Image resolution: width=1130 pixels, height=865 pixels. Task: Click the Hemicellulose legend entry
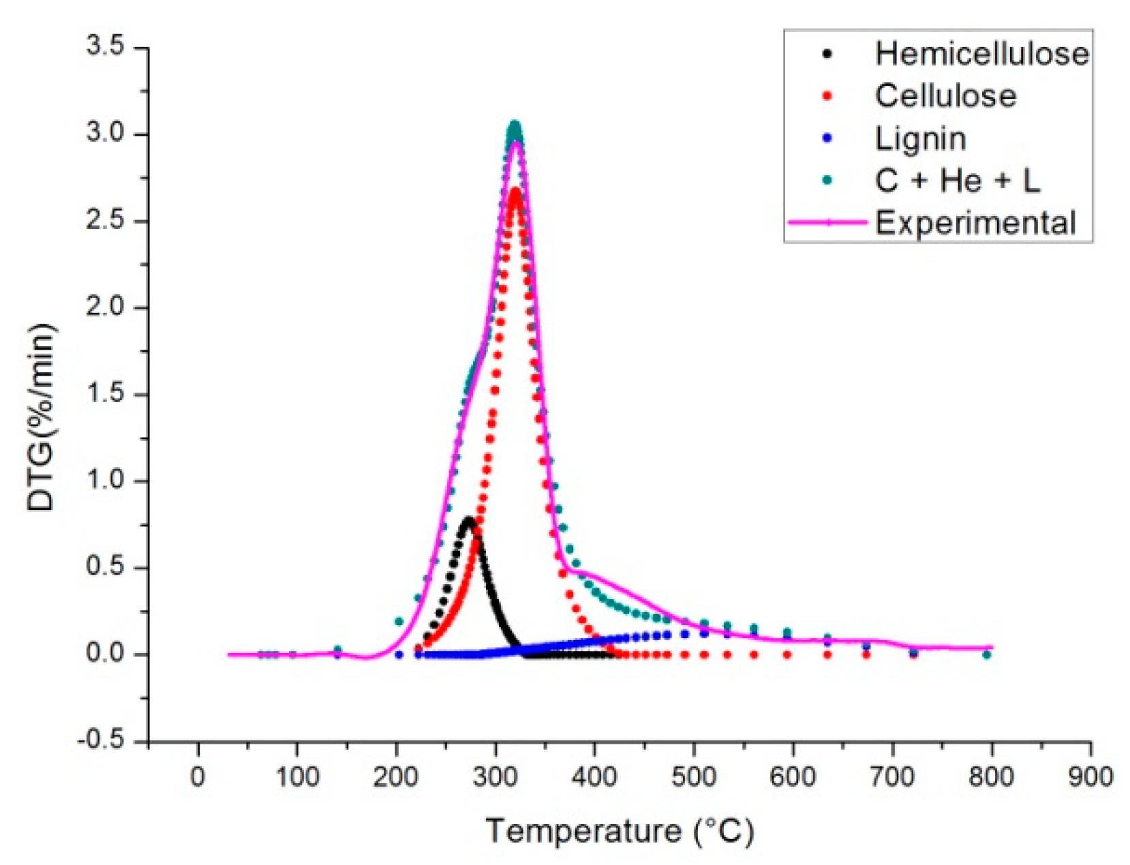point(981,54)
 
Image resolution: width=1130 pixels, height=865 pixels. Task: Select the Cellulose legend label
point(945,96)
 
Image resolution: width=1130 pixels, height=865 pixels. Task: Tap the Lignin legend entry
point(920,139)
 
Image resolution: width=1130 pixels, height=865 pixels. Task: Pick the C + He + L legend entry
point(957,181)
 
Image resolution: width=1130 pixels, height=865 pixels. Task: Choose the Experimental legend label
point(975,223)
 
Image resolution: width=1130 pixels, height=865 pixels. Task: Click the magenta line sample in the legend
point(827,222)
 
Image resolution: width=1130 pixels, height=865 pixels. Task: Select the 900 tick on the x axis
point(1090,776)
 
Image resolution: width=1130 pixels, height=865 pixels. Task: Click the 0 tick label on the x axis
point(198,776)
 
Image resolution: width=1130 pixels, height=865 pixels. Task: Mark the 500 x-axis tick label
point(694,776)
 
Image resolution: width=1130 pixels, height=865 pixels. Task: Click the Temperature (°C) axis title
point(619,831)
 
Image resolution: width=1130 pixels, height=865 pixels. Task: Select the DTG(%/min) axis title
point(42,417)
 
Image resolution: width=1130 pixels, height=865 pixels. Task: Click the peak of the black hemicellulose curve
point(468,521)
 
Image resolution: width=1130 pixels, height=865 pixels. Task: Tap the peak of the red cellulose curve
point(515,192)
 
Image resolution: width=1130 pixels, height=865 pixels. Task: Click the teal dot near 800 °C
point(986,654)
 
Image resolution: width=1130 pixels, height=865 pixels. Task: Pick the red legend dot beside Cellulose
point(827,96)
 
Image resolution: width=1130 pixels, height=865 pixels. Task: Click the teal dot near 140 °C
point(337,650)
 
